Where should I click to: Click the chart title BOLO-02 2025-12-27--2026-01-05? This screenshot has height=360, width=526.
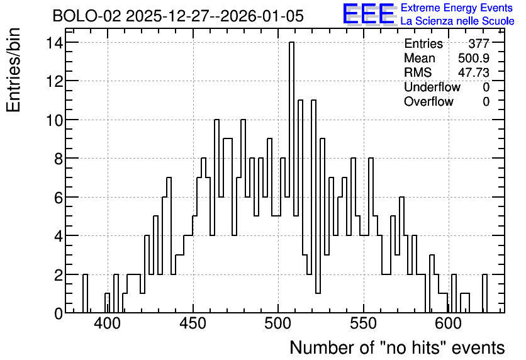pos(178,16)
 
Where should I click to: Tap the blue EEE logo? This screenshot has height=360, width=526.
pos(369,14)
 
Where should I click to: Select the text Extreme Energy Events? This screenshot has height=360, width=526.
pos(457,8)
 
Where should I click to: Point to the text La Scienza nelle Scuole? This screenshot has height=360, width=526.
pos(457,21)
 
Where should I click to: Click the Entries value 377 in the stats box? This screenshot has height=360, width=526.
pos(479,43)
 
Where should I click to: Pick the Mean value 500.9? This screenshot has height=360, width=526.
pos(474,58)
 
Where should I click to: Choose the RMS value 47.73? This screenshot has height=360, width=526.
pos(474,72)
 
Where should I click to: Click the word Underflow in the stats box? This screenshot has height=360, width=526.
pos(432,87)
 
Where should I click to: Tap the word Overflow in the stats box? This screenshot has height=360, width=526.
pos(428,101)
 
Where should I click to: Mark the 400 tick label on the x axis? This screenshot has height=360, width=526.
pos(108,324)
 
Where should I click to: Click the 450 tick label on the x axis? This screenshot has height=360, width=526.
pos(193,324)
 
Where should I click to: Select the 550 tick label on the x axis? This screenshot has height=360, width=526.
pos(363,324)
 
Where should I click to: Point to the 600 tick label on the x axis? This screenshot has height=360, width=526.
pos(449,324)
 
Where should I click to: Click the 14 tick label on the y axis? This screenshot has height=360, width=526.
pos(54,43)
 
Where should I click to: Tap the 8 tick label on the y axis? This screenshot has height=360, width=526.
pos(59,159)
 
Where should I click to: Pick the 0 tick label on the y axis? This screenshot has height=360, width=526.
pos(59,313)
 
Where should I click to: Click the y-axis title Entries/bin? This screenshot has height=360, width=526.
pos(13,70)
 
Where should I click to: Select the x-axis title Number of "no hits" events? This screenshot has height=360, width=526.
pos(397,347)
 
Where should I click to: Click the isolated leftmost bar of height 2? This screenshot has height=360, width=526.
pos(85,293)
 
